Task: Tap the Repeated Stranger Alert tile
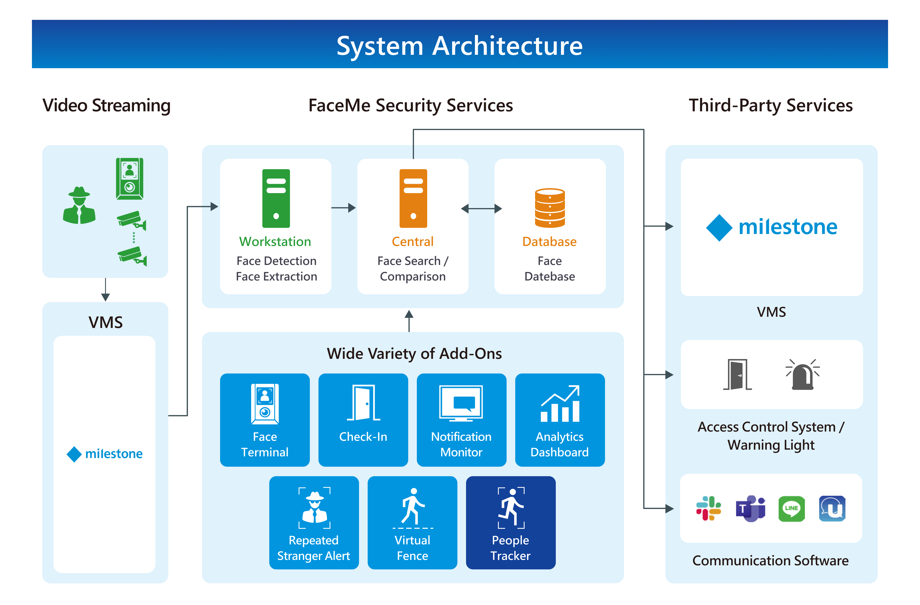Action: click(x=314, y=522)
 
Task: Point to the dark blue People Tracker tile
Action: click(x=511, y=522)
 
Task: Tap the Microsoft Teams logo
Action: click(x=750, y=508)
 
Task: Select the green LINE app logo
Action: click(x=791, y=508)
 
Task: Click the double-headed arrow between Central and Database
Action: click(x=481, y=209)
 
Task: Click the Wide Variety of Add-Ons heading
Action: click(x=414, y=353)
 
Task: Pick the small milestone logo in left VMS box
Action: click(x=104, y=454)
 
